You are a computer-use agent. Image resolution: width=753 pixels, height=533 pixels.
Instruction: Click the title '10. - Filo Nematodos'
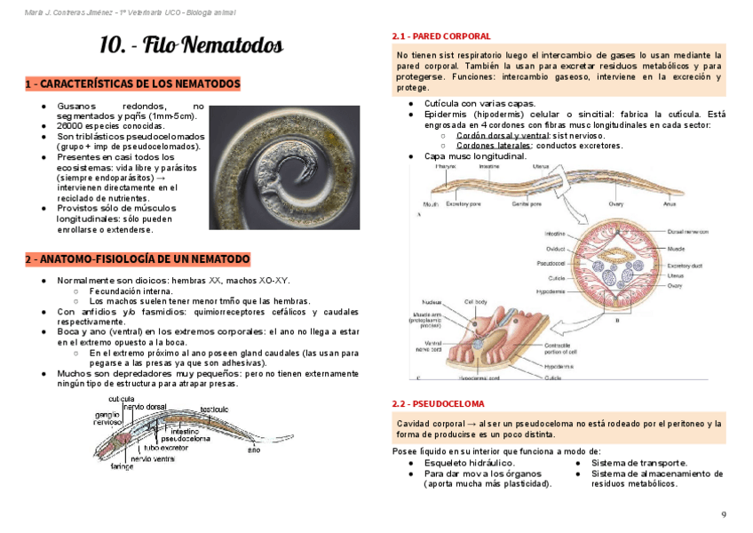tap(191, 46)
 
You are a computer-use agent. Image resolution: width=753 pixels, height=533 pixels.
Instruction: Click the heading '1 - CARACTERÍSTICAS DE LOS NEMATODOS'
tap(132, 84)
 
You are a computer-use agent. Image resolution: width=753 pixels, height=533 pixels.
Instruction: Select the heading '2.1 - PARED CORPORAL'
tap(440, 36)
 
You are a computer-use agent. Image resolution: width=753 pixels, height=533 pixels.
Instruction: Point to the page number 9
tap(724, 515)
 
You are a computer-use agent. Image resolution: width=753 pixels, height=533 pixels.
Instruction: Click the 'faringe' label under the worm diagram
tap(122, 465)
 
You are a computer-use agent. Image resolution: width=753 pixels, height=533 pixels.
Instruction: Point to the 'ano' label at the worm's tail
tap(254, 450)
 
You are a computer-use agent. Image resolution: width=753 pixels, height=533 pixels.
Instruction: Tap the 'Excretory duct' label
tap(685, 265)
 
